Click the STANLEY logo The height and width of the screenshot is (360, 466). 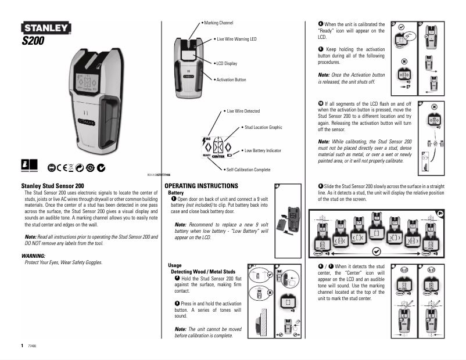pos(46,28)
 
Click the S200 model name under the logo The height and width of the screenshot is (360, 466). pos(34,41)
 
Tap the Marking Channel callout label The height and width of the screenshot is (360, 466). pos(218,23)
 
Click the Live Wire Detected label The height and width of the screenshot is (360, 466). pos(243,111)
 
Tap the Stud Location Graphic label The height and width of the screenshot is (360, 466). pos(263,127)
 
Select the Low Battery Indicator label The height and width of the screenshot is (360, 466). pos(262,150)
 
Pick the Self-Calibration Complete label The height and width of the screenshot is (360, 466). pos(249,170)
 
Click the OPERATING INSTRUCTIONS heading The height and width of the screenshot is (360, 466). pos(201,186)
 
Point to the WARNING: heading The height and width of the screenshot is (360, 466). pos(33,255)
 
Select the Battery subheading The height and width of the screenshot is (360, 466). pos(175,192)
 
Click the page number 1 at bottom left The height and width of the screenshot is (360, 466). pos(22,345)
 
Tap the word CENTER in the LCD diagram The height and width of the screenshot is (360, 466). pos(218,157)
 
